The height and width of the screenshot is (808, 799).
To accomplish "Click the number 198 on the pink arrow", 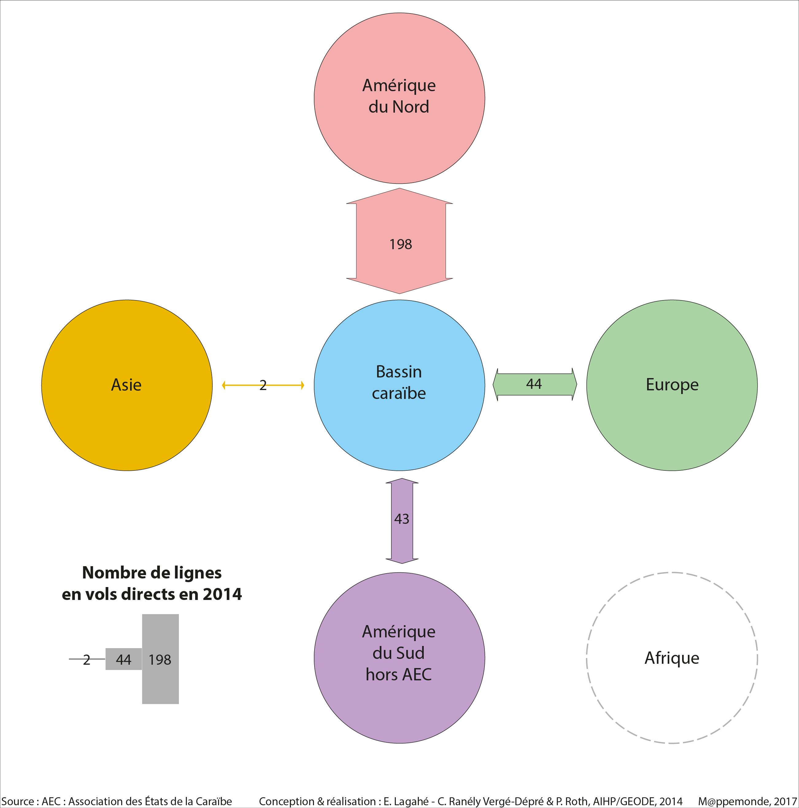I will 400,244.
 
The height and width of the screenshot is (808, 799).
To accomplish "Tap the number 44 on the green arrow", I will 534,384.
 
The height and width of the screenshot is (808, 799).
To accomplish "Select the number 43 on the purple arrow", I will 402,519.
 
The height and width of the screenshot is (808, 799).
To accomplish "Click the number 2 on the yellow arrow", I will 263,385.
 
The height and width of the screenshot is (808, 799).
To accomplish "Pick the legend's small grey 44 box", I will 123,659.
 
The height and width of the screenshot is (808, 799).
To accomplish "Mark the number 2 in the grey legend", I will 87,659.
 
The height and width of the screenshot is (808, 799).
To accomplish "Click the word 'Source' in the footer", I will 17,801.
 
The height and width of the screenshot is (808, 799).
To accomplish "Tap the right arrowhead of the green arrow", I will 574,384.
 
